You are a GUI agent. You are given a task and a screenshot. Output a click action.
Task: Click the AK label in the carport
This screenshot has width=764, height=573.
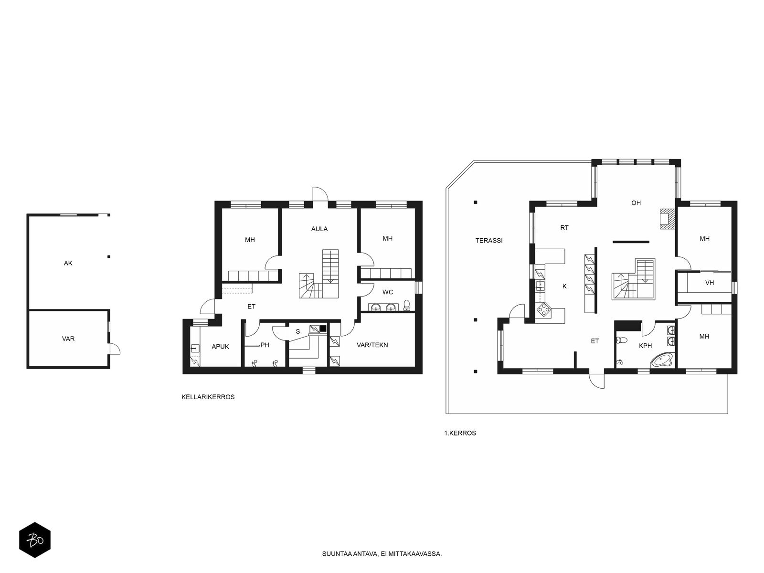(68, 264)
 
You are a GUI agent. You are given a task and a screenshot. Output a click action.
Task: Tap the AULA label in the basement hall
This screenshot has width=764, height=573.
(319, 229)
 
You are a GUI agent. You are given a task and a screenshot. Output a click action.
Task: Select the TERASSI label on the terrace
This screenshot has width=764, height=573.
(489, 240)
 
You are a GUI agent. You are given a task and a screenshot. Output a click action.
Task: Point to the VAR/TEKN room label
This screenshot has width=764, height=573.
(372, 345)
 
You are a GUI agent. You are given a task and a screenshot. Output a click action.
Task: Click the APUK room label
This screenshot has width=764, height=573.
(220, 347)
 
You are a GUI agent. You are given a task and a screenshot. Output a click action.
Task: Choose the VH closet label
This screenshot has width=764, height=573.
(710, 283)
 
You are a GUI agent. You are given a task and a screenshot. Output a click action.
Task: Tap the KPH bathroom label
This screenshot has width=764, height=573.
(645, 346)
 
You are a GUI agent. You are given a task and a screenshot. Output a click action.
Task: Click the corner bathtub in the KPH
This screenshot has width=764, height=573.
(663, 360)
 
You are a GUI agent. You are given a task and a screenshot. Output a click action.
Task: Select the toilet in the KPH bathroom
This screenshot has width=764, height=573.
(622, 340)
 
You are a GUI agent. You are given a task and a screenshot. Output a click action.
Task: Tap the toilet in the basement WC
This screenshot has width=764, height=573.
(406, 305)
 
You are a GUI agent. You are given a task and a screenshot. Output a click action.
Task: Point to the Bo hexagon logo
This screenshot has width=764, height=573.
(35, 540)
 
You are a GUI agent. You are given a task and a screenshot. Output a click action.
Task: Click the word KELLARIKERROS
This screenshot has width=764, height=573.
(208, 397)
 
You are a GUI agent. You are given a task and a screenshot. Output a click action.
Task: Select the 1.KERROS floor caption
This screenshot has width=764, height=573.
(460, 433)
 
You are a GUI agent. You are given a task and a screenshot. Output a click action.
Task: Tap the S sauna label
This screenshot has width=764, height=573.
(298, 331)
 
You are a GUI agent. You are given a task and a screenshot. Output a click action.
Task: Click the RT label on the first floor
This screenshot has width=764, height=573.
(564, 228)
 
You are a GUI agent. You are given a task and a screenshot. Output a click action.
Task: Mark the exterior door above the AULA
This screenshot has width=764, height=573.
(320, 194)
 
